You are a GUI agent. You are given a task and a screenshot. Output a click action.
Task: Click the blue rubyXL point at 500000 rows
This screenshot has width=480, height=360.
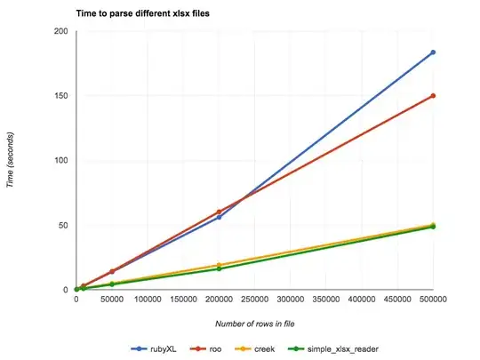pos(433,52)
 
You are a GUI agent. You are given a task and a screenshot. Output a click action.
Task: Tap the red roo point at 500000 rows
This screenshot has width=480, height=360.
pos(433,96)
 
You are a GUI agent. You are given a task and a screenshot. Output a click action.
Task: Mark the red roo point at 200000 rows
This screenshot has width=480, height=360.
pos(219,212)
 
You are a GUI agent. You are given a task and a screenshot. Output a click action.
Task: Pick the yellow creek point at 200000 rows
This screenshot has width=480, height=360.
pos(219,265)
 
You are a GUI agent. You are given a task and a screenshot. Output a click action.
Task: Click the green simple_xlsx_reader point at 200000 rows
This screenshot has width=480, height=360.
pos(219,268)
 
